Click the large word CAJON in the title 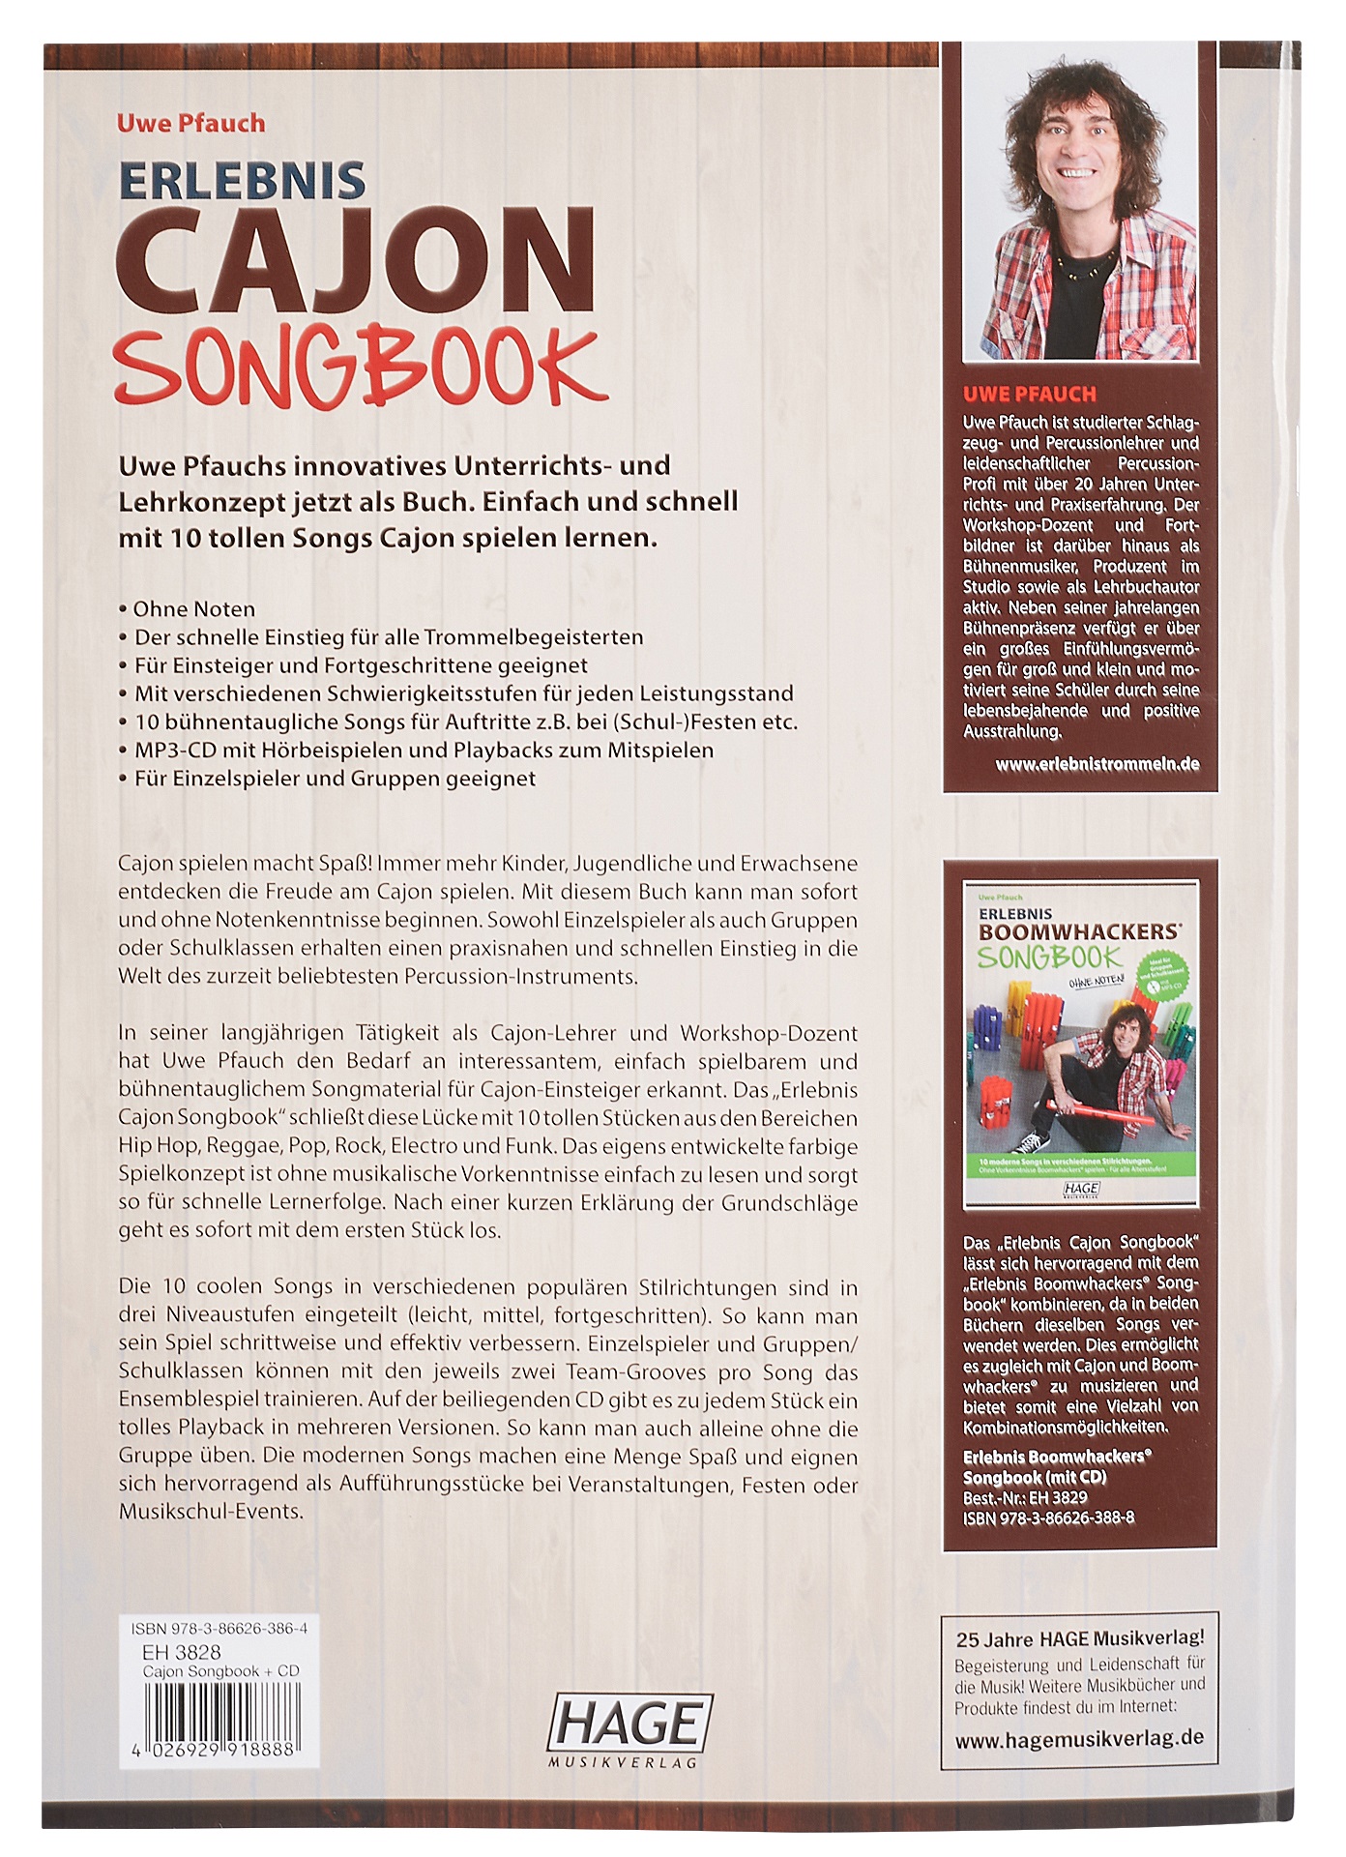(x=356, y=261)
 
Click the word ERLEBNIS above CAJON (x=242, y=181)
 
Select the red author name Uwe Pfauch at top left (x=190, y=123)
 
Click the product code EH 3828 (x=181, y=1652)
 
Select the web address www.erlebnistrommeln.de (x=1097, y=764)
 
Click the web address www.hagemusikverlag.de (x=1079, y=1738)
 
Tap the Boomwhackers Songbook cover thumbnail (x=1080, y=1044)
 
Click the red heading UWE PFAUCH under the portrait (x=1029, y=394)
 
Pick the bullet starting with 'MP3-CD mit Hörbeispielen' (x=423, y=751)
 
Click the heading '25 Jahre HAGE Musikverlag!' (x=1080, y=1638)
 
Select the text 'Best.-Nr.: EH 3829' (x=1025, y=1496)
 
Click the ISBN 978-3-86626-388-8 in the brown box (x=1048, y=1518)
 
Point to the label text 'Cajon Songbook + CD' (x=220, y=1671)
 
